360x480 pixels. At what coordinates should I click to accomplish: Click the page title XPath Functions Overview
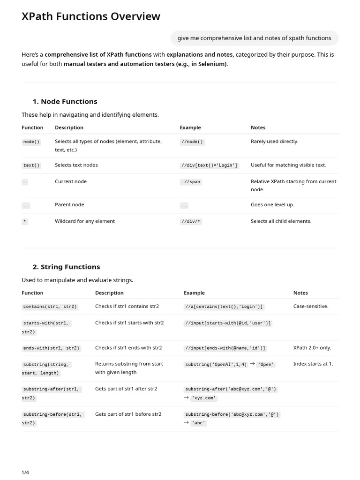point(91,16)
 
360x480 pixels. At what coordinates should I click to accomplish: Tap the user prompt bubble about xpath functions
point(254,38)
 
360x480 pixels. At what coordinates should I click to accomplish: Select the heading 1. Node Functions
point(65,101)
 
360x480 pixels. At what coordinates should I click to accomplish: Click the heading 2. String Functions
point(66,267)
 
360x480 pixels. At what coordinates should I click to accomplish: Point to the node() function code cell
point(31,142)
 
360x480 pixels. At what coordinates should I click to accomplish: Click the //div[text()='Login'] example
point(210,165)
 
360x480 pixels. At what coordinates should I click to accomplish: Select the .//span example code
point(191,182)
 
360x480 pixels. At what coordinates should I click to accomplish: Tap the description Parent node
point(69,205)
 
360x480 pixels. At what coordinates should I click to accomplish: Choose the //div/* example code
point(191,222)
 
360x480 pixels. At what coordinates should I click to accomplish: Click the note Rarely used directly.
point(274,141)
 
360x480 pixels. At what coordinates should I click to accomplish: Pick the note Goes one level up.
point(272,205)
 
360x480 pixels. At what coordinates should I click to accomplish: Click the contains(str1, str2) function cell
point(50,307)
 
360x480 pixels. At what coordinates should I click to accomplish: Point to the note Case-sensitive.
point(311,306)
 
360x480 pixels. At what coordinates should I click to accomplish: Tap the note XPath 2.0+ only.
point(312,348)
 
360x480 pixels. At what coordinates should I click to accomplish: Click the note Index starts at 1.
point(313,364)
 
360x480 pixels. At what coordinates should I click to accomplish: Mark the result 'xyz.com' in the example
point(204,398)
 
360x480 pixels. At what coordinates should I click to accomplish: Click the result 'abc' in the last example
point(199,423)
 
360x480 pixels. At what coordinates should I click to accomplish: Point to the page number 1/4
point(25,472)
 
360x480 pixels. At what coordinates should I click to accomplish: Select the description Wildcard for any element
point(85,221)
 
